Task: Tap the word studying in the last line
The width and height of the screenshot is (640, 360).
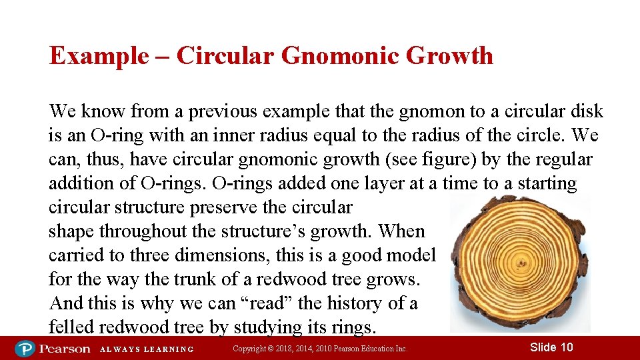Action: pyautogui.click(x=295, y=327)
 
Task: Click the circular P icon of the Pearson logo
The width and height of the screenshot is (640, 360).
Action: pyautogui.click(x=25, y=349)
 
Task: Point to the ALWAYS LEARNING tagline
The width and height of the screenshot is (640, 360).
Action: pyautogui.click(x=147, y=349)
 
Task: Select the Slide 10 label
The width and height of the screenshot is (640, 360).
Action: pyautogui.click(x=551, y=347)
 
